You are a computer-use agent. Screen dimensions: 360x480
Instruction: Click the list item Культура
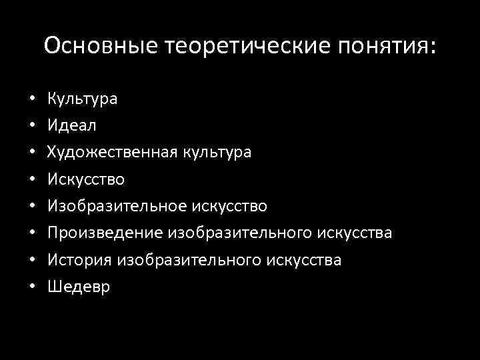pyautogui.click(x=82, y=99)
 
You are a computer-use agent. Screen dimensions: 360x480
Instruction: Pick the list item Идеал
pyautogui.click(x=71, y=125)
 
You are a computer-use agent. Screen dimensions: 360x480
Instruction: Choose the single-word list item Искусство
pyautogui.click(x=86, y=179)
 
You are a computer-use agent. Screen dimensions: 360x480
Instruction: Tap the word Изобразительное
pyautogui.click(x=117, y=206)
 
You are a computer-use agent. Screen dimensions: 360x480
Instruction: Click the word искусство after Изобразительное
pyautogui.click(x=230, y=206)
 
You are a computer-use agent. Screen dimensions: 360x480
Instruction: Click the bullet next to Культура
pyautogui.click(x=32, y=99)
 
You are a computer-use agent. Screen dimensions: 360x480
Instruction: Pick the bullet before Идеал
pyautogui.click(x=32, y=126)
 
